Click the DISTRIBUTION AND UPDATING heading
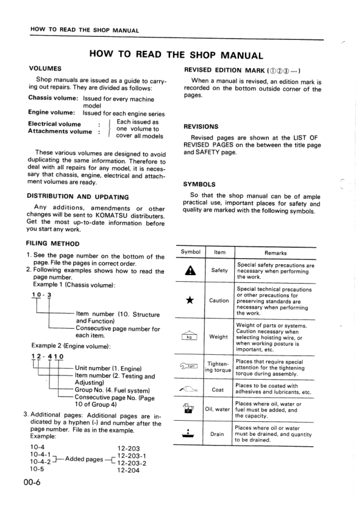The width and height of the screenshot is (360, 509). pos(78,196)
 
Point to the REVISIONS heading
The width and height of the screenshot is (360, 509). pos(201,127)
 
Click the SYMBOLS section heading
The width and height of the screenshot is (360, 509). pos(199,184)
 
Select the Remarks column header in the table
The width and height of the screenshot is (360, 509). pos(275,253)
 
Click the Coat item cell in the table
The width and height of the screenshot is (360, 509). pos(218,390)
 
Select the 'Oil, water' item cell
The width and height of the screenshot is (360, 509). pos(218,411)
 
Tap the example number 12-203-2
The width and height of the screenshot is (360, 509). pos(133,463)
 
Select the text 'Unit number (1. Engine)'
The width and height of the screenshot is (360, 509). pos(108,368)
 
